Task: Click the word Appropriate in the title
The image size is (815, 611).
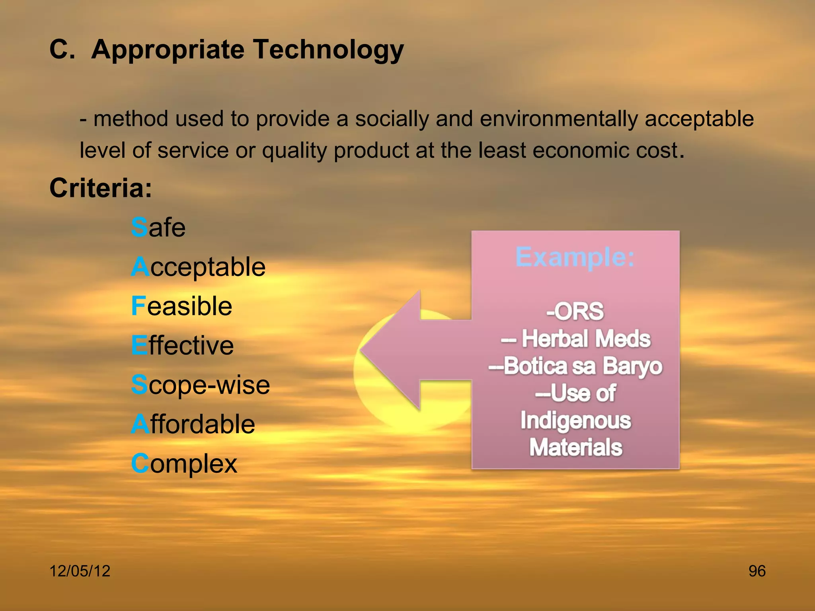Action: [x=168, y=50]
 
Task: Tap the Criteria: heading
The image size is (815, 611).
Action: [x=101, y=188]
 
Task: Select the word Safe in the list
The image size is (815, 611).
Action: [x=158, y=228]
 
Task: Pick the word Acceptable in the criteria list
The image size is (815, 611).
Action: [x=198, y=267]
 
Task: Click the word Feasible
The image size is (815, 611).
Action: [x=181, y=306]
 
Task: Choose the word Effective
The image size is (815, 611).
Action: [x=182, y=345]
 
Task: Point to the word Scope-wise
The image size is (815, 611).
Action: [x=200, y=385]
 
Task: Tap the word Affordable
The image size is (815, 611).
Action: [x=193, y=424]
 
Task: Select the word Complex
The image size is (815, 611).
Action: [x=184, y=463]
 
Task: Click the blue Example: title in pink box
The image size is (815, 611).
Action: [x=575, y=257]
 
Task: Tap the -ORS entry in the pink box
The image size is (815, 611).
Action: [x=575, y=311]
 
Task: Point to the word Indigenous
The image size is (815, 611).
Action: [x=575, y=420]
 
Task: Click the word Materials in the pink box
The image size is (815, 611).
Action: [x=575, y=447]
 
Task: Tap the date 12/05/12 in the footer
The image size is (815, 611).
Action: [x=80, y=571]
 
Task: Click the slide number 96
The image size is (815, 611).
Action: [x=757, y=571]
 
